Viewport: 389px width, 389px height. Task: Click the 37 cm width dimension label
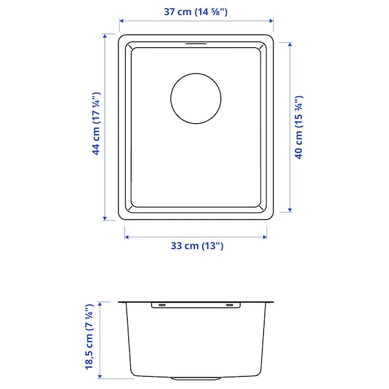click(x=195, y=11)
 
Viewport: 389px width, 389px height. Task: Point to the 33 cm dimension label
click(x=196, y=246)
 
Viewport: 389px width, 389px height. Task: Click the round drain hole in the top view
click(x=196, y=99)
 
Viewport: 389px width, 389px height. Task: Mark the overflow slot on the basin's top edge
click(x=196, y=44)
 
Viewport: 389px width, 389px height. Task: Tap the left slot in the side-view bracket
click(x=161, y=304)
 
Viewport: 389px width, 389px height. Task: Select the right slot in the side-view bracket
click(x=230, y=304)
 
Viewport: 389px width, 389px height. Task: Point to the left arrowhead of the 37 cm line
click(x=121, y=20)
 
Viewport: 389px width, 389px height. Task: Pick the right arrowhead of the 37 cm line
click(x=271, y=20)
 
